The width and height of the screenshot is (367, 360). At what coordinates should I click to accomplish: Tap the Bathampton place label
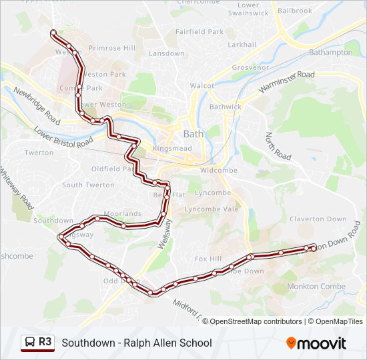point(331,52)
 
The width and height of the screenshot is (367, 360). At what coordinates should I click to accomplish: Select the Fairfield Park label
point(199,31)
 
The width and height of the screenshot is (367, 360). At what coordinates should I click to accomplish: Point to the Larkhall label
point(242,45)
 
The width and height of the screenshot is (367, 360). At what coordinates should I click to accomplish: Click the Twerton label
point(39,153)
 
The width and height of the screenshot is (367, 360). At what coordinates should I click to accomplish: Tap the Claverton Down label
point(318,219)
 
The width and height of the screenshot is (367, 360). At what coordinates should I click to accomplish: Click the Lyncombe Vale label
point(212,209)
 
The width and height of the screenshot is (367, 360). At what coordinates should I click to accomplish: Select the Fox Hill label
point(207,259)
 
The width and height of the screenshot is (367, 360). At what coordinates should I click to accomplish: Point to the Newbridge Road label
point(37,107)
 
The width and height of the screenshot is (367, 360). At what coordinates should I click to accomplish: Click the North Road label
point(278,146)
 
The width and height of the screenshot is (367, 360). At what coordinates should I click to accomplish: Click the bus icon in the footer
point(30,343)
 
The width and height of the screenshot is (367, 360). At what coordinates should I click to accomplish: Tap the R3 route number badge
point(45,342)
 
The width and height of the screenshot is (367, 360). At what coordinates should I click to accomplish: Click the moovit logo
point(316,343)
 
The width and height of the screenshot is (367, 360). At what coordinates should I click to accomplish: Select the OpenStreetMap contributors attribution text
point(256,321)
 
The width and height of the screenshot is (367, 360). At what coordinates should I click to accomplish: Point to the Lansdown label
point(167,53)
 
